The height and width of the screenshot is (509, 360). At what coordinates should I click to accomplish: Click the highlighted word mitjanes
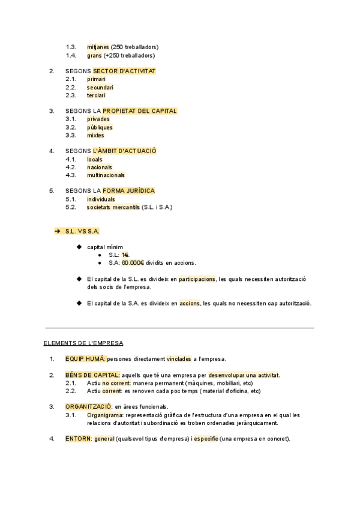coord(98,47)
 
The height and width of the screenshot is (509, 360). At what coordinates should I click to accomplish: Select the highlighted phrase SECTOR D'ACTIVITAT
coord(124,71)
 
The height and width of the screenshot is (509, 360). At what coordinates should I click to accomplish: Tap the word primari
coord(96,79)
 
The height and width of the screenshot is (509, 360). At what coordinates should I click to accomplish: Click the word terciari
coord(96,95)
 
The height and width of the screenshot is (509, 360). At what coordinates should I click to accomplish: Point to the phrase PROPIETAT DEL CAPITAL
coord(140,111)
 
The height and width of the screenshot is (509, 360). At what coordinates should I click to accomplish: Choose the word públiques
coord(100,127)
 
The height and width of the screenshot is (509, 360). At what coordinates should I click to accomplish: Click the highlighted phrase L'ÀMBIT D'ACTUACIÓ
coord(125,151)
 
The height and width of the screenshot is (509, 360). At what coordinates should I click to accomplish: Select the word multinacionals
coord(106,175)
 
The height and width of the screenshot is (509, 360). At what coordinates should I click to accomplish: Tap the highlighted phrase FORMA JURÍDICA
coord(128,191)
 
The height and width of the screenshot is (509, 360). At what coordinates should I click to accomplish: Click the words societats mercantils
coord(113,207)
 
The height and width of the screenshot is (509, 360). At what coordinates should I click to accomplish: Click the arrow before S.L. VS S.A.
coord(58,231)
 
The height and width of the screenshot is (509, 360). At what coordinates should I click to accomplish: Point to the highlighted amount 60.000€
coord(133,263)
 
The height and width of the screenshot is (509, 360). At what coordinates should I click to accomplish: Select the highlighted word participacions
coord(197,279)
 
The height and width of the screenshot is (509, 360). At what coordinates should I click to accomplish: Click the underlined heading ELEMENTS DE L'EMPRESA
coord(83,343)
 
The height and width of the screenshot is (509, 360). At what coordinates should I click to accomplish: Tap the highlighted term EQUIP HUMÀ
coord(85,359)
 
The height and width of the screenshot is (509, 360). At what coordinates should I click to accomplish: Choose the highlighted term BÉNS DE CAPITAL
coord(92,375)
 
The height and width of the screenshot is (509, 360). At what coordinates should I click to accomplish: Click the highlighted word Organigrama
coord(105,415)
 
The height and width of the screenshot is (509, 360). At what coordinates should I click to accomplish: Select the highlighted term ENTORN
coord(79,439)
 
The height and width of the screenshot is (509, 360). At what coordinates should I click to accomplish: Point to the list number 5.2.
coord(71,207)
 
